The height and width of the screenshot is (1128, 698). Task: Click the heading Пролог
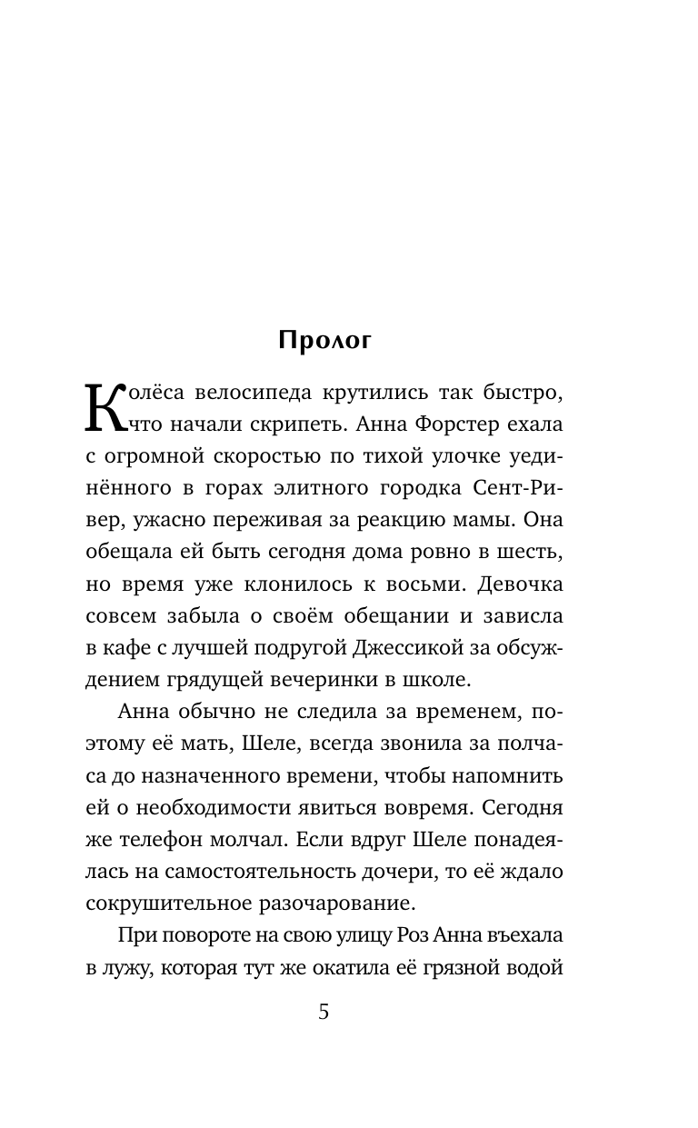325,340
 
